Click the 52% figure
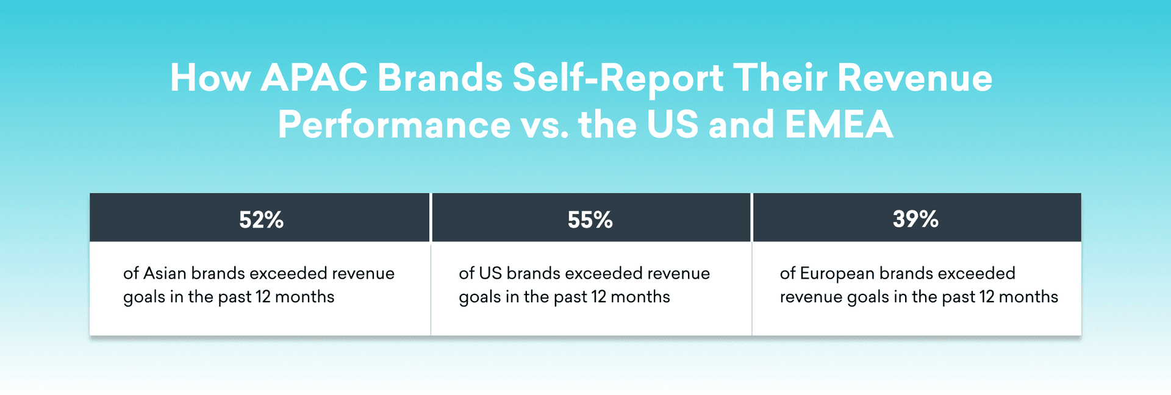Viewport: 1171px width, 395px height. [x=261, y=219]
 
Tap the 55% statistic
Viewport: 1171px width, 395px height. [x=590, y=219]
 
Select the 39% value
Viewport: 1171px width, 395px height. [x=915, y=219]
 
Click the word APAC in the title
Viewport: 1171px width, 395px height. [x=313, y=78]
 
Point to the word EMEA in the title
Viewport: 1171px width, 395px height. [x=839, y=124]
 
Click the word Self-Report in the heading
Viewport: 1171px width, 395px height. [x=617, y=78]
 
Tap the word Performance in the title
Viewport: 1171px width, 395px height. [x=394, y=124]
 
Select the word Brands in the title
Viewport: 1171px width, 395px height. [x=440, y=78]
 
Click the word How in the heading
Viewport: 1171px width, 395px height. [x=210, y=78]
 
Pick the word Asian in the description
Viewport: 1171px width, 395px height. [x=165, y=273]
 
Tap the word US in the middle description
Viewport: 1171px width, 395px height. [x=490, y=273]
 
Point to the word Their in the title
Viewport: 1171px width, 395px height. [x=780, y=78]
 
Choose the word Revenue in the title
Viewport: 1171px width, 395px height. [x=914, y=78]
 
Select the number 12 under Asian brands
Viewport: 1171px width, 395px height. [x=263, y=297]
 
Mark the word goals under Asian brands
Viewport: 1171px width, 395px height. [x=144, y=297]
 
